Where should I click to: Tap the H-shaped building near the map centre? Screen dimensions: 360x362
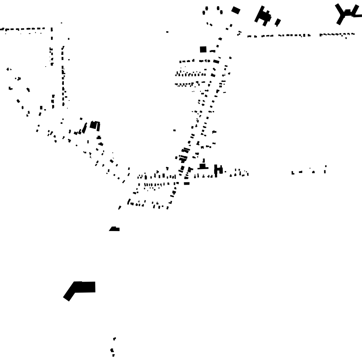[x=218, y=169]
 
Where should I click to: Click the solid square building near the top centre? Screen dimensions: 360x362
[x=203, y=49]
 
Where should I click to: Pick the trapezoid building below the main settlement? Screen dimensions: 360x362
[x=114, y=229]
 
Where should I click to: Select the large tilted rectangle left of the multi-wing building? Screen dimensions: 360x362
[x=236, y=10]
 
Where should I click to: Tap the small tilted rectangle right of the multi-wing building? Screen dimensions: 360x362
[x=278, y=22]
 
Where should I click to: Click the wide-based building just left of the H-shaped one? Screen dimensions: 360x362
[x=202, y=167]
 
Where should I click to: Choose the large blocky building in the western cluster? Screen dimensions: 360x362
[x=93, y=125]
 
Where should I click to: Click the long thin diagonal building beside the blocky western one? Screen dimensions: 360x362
[x=84, y=128]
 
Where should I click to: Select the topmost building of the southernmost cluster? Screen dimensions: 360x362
[x=114, y=339]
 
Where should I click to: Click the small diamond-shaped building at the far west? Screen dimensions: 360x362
[x=7, y=69]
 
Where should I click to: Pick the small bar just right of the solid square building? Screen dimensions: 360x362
[x=213, y=51]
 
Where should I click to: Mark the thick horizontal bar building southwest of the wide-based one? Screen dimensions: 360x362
[x=187, y=183]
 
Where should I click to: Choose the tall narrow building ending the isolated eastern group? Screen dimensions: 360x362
[x=325, y=169]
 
